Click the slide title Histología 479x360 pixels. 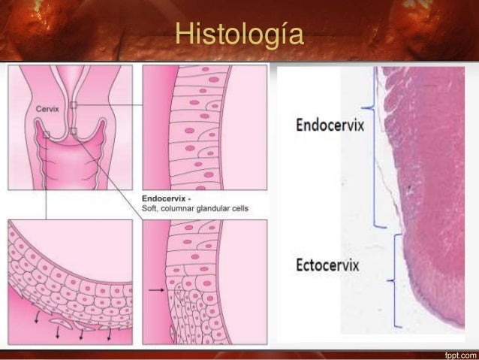(x=238, y=35)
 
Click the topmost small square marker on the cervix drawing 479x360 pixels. (x=74, y=104)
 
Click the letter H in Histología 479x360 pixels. (x=181, y=35)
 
